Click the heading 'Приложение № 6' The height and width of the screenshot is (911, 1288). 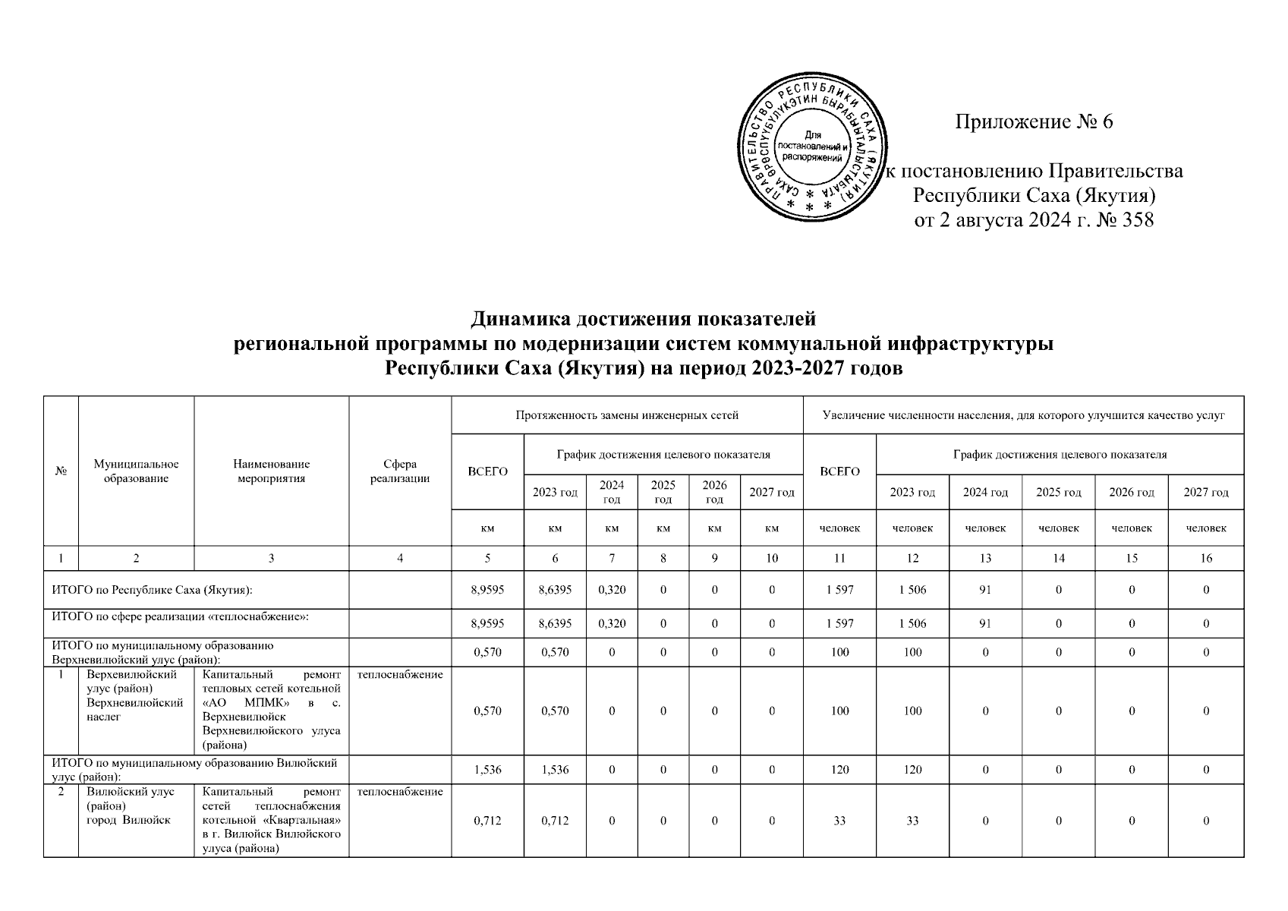click(x=1033, y=121)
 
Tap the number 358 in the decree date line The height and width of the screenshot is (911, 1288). click(x=1135, y=221)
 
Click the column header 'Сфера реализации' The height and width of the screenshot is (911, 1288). click(x=400, y=471)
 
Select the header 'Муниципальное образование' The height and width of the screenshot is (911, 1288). click(x=136, y=471)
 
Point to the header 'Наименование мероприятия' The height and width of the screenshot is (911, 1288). click(x=271, y=471)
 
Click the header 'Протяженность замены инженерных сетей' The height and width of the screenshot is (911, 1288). click(x=626, y=415)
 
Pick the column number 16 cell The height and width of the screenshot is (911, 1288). click(x=1205, y=558)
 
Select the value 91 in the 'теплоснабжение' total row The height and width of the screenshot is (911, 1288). click(x=984, y=623)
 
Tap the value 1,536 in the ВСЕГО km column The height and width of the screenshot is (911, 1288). click(x=487, y=770)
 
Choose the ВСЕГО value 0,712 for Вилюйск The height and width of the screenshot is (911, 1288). click(x=487, y=821)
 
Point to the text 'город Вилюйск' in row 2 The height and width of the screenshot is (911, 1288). click(x=128, y=820)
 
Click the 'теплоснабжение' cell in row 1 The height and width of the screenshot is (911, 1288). click(x=400, y=674)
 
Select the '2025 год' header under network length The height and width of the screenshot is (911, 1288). click(x=663, y=492)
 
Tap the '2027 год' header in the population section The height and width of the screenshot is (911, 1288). click(x=1205, y=492)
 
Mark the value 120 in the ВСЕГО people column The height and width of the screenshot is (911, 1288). click(x=839, y=770)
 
